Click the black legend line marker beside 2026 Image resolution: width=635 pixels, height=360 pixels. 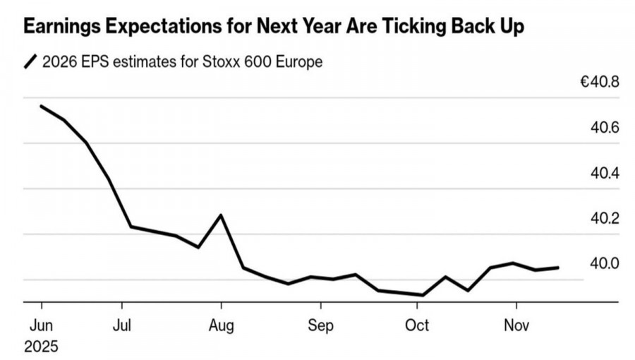pyautogui.click(x=31, y=63)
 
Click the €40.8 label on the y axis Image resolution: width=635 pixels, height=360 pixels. pyautogui.click(x=599, y=83)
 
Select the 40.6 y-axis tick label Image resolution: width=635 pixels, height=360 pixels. pyautogui.click(x=605, y=128)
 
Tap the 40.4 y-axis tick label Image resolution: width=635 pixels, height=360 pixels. pyautogui.click(x=605, y=173)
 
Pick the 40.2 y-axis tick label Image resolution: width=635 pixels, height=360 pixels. pyautogui.click(x=605, y=218)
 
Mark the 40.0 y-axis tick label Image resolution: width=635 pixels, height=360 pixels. pyautogui.click(x=605, y=263)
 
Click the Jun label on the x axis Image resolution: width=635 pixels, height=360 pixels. pyautogui.click(x=41, y=327)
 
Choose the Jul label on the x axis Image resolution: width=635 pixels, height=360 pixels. pyautogui.click(x=122, y=327)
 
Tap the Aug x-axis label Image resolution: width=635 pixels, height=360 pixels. pyautogui.click(x=222, y=327)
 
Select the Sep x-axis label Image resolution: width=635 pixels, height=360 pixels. pyautogui.click(x=320, y=327)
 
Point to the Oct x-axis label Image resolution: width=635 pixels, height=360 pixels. pyautogui.click(x=417, y=327)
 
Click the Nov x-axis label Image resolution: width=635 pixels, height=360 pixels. pyautogui.click(x=516, y=327)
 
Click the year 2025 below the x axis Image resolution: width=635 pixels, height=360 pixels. pyautogui.click(x=41, y=347)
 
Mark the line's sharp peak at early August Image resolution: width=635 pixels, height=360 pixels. pyautogui.click(x=222, y=215)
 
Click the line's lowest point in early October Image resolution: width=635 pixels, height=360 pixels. pyautogui.click(x=423, y=295)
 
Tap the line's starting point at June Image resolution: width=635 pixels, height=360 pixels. pyautogui.click(x=41, y=106)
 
